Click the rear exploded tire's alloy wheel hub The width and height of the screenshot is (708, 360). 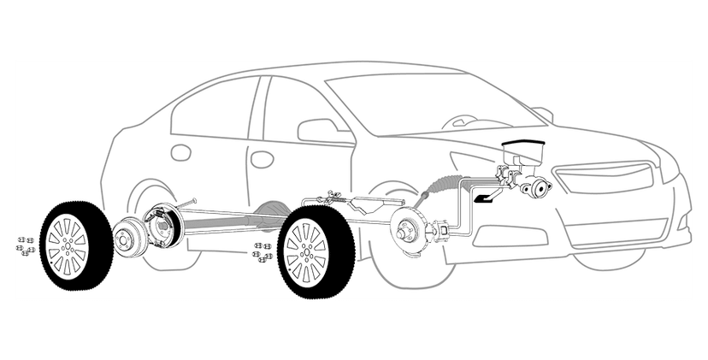(x=68, y=245)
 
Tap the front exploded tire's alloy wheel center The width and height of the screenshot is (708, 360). (x=305, y=252)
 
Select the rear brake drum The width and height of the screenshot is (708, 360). (x=129, y=239)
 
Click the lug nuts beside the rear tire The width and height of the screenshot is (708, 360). (x=24, y=245)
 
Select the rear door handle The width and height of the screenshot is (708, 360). (x=180, y=152)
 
